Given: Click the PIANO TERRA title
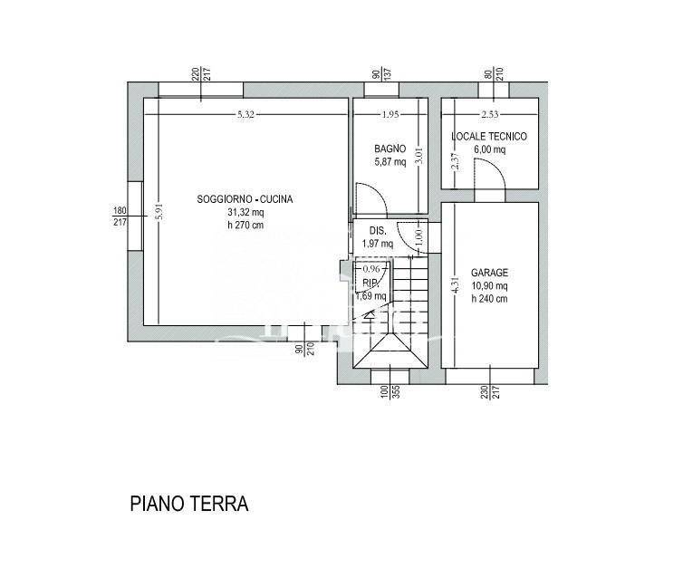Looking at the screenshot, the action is click(x=189, y=504).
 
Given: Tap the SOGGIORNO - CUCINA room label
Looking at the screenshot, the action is click(x=245, y=199).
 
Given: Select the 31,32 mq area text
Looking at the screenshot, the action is click(x=245, y=213).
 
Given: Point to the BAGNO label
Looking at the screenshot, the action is click(x=390, y=149).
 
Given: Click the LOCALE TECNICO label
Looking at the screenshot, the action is click(x=489, y=136).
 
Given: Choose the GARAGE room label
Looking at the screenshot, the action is click(x=489, y=273).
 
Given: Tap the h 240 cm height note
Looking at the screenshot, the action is click(x=489, y=299).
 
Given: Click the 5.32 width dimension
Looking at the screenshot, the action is click(x=245, y=114).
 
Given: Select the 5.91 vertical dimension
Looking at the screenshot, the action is click(x=159, y=212).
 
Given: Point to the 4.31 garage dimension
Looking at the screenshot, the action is click(x=456, y=285).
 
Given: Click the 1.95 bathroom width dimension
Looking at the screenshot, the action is click(x=390, y=114).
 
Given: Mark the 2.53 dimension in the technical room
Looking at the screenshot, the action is click(x=490, y=114).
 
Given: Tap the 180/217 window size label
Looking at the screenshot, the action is click(x=120, y=217).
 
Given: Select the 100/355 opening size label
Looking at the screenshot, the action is click(x=390, y=392).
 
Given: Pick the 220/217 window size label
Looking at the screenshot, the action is click(x=201, y=73).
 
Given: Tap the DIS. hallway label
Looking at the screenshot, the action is click(x=378, y=231).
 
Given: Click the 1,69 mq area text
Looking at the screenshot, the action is click(x=371, y=296).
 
